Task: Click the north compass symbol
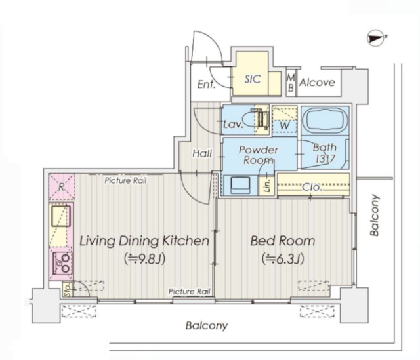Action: [x=377, y=38]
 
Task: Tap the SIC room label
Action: [x=252, y=79]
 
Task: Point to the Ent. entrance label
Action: [x=206, y=85]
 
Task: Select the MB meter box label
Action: [x=291, y=83]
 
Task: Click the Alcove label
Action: [x=317, y=82]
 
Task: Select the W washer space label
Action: [x=284, y=125]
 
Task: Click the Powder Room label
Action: [x=258, y=155]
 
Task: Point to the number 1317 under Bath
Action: [x=325, y=159]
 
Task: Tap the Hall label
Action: [x=202, y=153]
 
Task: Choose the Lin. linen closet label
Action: [x=267, y=186]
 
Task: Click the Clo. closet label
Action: [x=312, y=187]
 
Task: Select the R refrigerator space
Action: [x=62, y=187]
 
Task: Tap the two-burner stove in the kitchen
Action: [x=62, y=264]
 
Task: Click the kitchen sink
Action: [x=61, y=216]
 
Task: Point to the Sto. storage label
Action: [x=67, y=290]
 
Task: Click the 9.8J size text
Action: [x=144, y=259]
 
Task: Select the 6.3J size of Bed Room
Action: [x=283, y=259]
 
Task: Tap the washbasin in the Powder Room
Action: [x=241, y=185]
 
